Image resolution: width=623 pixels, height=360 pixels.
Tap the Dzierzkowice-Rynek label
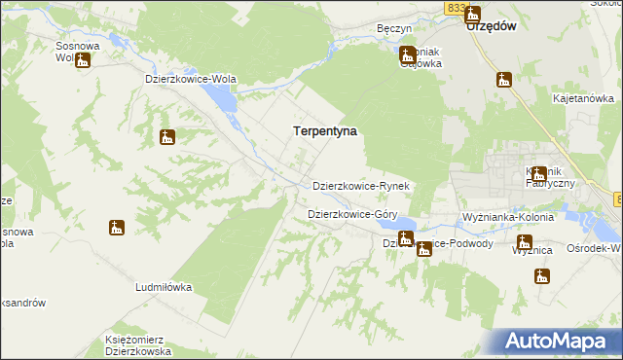(365, 186)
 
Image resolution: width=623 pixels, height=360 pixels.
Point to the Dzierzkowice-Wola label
(190, 79)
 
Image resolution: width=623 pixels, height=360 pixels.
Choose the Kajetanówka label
(582, 99)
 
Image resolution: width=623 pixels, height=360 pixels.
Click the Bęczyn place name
(395, 29)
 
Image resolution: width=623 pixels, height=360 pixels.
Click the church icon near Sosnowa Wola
(83, 61)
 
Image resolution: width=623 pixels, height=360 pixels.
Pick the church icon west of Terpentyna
(167, 137)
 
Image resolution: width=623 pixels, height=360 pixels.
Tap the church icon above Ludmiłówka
(117, 229)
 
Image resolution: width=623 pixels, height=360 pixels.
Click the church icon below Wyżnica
(541, 276)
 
